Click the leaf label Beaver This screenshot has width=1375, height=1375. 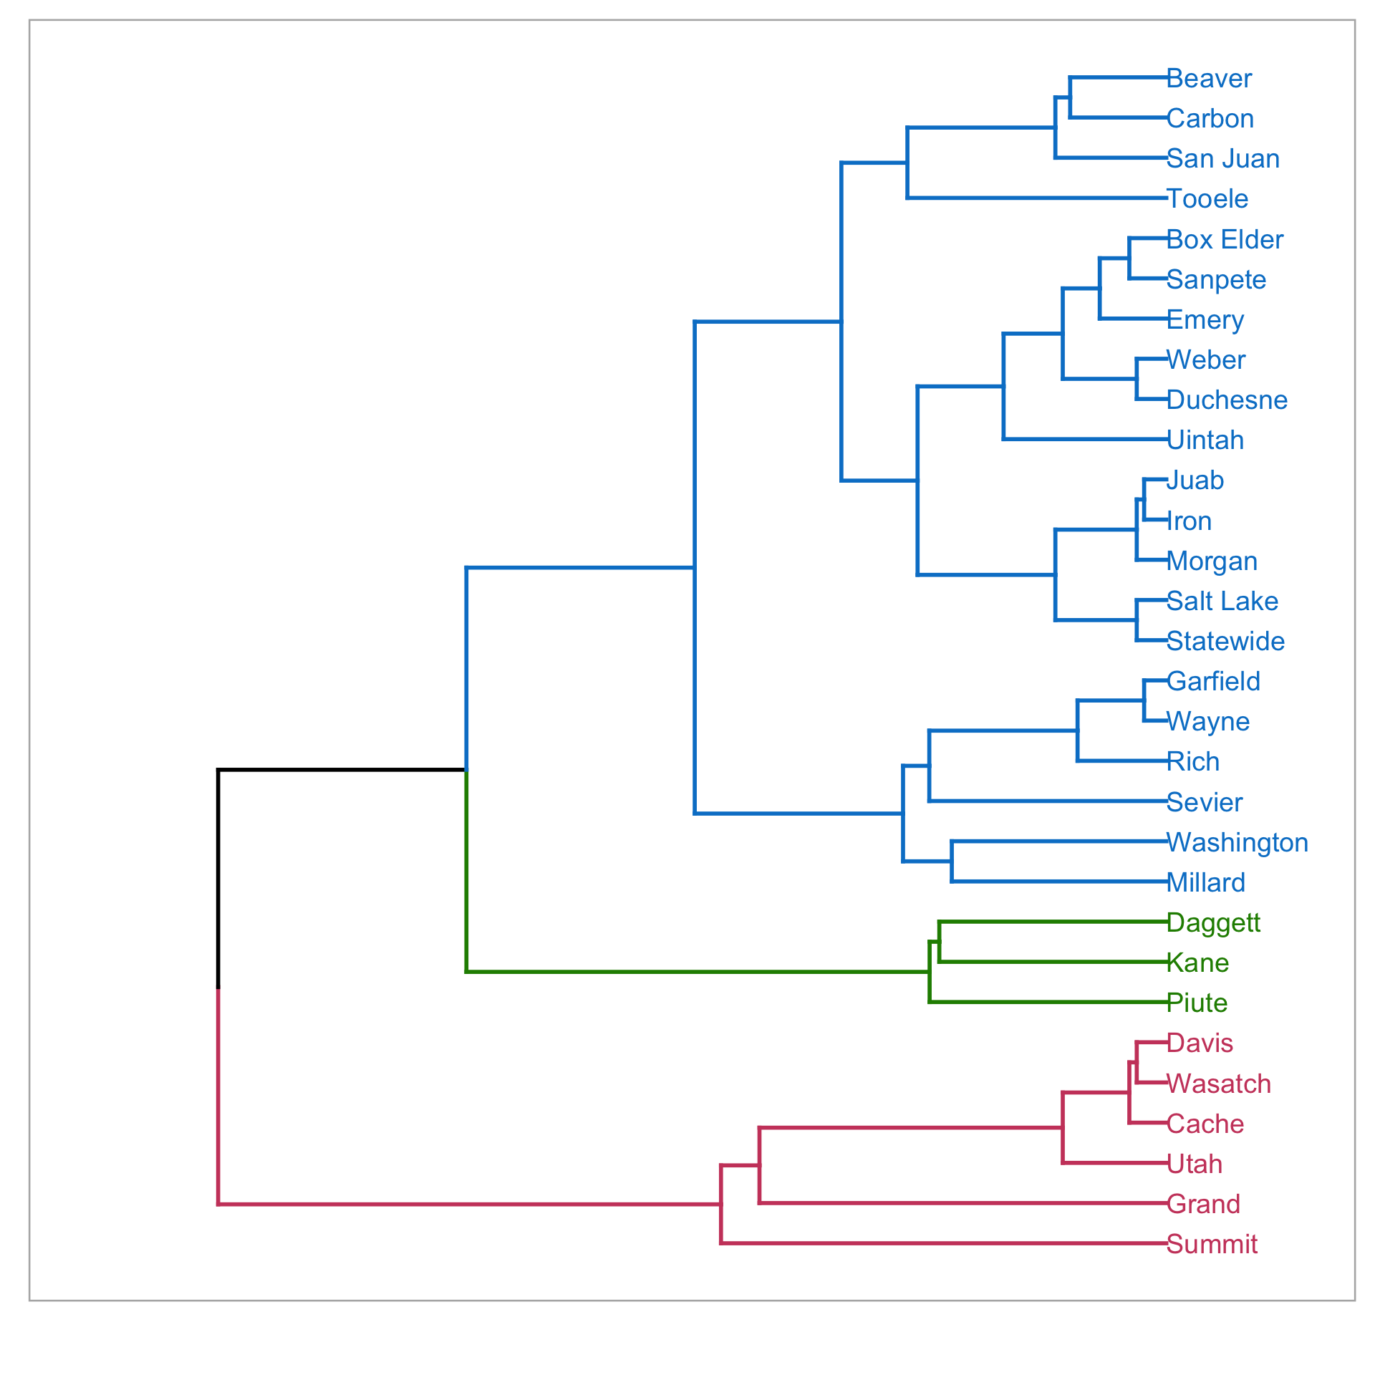[1209, 78]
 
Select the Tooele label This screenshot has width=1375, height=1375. [1207, 198]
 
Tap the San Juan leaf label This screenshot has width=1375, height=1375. [1222, 158]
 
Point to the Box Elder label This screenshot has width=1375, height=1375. [1225, 239]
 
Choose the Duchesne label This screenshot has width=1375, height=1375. [1227, 400]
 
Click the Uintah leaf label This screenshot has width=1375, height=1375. [1205, 440]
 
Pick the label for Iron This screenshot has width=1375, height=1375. [1189, 521]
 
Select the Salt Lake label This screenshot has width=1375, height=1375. [1222, 601]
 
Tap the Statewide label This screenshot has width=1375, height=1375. [1225, 641]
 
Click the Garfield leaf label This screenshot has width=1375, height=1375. [1213, 681]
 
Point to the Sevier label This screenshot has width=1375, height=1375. [1205, 802]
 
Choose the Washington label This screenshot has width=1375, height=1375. [1237, 842]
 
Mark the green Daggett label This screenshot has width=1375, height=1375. [1213, 922]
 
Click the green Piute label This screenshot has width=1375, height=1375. [1197, 1003]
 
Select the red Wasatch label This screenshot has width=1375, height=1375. [1219, 1084]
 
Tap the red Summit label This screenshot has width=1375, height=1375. [1212, 1244]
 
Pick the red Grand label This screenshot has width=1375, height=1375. [1203, 1204]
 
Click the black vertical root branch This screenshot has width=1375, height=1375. [218, 879]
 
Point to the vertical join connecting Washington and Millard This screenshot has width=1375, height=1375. [952, 862]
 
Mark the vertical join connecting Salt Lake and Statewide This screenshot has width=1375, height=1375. [1137, 620]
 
